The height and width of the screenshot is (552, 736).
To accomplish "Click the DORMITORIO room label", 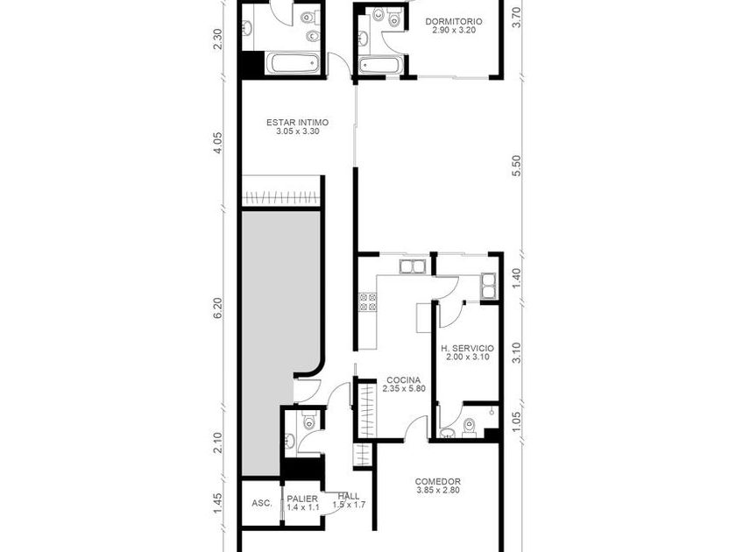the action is tap(454, 22).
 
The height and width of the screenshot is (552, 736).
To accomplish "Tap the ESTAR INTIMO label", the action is tap(298, 123).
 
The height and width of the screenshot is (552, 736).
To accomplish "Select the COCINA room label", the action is tap(404, 380).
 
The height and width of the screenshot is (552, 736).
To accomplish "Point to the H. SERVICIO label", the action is tap(468, 349).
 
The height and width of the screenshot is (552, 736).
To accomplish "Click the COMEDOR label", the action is tap(437, 482).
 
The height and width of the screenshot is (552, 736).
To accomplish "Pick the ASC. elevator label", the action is tap(261, 503).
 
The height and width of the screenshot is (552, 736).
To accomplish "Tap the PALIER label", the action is tap(302, 499).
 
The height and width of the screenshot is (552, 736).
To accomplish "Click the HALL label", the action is tap(349, 496).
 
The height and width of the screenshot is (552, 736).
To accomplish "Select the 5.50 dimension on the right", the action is tap(517, 166).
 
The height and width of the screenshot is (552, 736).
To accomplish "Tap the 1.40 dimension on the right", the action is tap(517, 279).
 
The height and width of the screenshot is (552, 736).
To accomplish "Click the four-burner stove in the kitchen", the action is tap(367, 302).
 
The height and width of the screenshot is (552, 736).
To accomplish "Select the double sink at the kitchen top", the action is tap(412, 266).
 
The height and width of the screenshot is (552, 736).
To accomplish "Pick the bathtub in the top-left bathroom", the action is tap(294, 63).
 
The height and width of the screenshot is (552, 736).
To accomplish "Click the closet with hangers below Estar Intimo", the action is tap(281, 197).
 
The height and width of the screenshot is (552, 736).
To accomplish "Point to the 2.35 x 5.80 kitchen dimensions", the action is tap(404, 389).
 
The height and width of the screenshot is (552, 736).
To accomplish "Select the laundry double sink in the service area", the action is tap(488, 286).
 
